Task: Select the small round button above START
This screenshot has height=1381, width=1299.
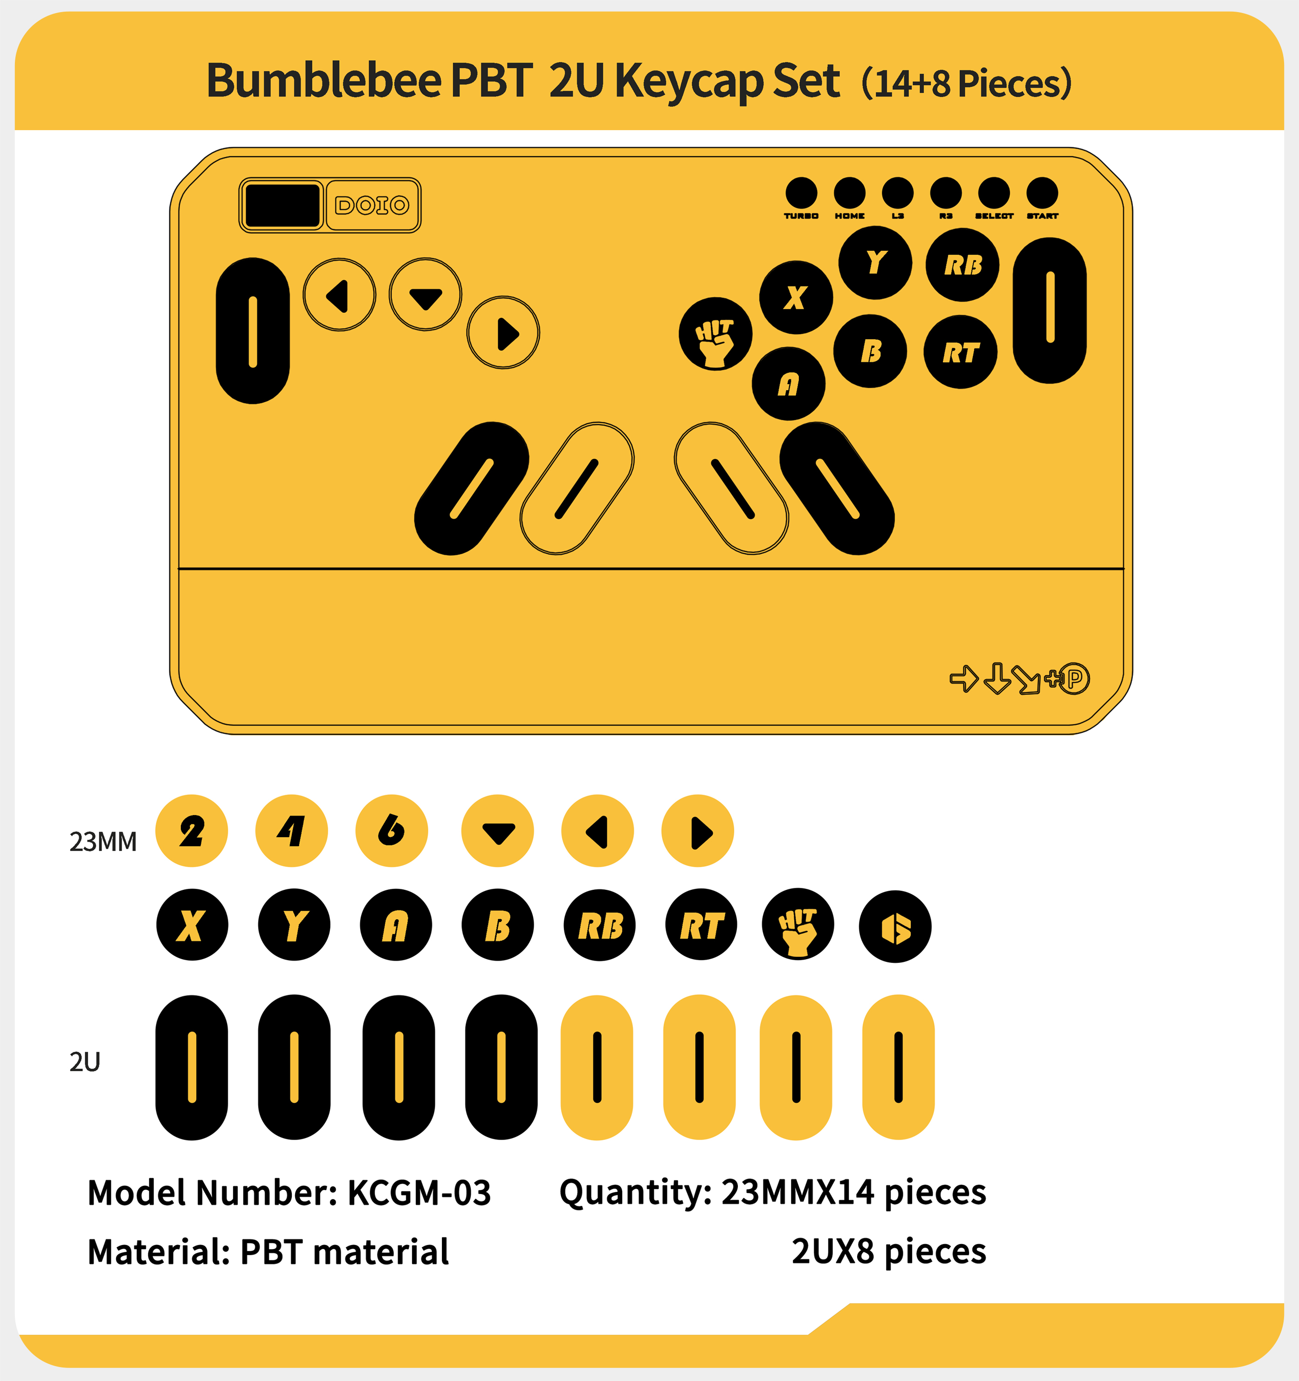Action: tap(1042, 192)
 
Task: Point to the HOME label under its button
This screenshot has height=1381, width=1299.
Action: tap(850, 216)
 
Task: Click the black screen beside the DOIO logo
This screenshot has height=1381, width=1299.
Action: tap(282, 205)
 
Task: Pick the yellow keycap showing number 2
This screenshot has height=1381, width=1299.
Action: tap(192, 831)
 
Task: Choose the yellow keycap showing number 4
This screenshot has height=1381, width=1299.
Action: tap(292, 831)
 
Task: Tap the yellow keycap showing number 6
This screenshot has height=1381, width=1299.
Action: tap(392, 831)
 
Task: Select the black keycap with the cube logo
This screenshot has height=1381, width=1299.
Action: tap(895, 926)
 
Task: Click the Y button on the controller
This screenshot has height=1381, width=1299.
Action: tap(875, 262)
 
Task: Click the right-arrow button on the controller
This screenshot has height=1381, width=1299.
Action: tap(504, 333)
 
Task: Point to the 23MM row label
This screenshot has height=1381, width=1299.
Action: tap(103, 841)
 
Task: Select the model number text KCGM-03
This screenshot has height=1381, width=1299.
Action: tap(419, 1193)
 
